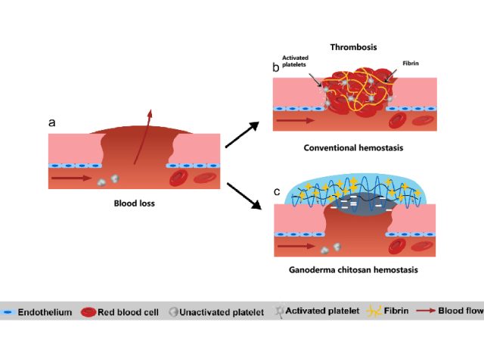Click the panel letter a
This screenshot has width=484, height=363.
coord(51,122)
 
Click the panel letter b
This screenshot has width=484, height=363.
coord(276,68)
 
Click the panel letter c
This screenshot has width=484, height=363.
coord(277,191)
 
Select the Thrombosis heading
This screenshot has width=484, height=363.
coord(354,48)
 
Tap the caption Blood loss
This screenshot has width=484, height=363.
coord(135,203)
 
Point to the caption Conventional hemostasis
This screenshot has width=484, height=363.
coord(353,147)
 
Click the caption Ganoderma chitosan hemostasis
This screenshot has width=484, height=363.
coord(353,269)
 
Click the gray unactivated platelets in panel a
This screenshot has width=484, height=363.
coord(110,179)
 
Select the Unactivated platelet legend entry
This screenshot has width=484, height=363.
coord(215,311)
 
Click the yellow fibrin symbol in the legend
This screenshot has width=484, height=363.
coord(373,311)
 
